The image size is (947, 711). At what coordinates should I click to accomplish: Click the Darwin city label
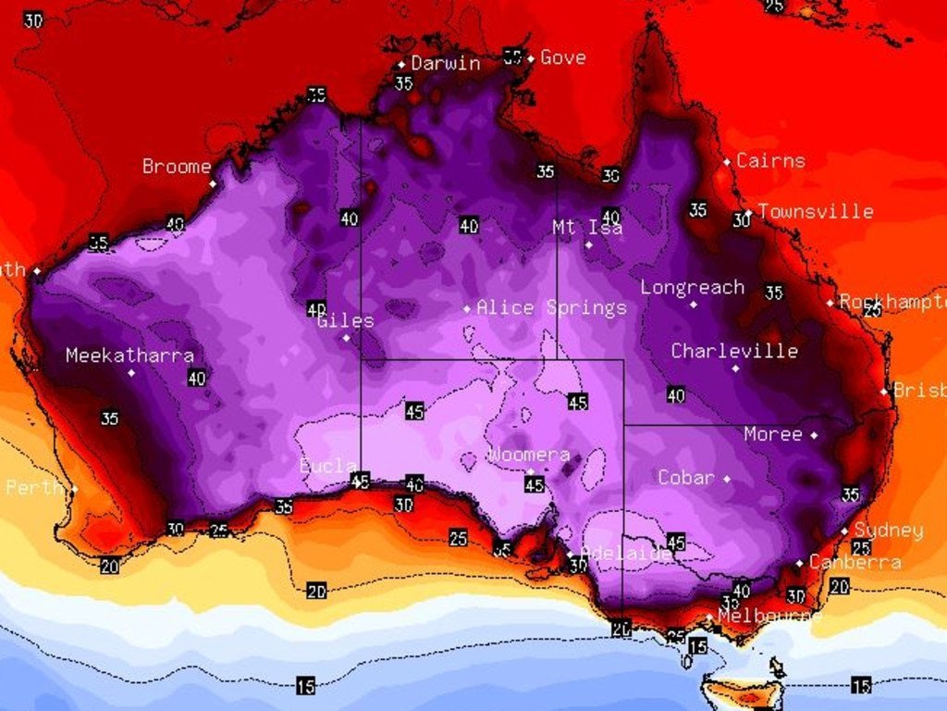tap(446, 64)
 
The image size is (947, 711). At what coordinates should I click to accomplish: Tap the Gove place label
tap(562, 57)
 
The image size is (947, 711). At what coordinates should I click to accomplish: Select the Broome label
tap(177, 167)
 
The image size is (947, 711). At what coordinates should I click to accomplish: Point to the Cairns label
tap(770, 160)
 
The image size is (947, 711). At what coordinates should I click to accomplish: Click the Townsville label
tap(815, 211)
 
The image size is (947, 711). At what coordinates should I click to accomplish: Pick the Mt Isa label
tap(587, 227)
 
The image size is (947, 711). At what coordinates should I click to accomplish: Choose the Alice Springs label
tap(551, 307)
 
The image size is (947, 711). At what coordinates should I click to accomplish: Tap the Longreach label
tap(692, 287)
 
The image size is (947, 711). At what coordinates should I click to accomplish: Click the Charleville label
tap(734, 351)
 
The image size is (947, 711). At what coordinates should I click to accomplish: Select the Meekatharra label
tap(129, 355)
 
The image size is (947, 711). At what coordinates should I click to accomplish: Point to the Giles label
tap(345, 321)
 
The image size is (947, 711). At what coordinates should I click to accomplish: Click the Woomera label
tap(528, 455)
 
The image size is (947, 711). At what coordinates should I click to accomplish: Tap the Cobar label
tap(685, 478)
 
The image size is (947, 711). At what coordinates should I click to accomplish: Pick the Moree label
tap(772, 434)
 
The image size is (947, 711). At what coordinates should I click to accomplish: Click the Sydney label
tap(888, 530)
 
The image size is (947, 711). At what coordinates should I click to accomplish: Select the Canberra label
tap(855, 562)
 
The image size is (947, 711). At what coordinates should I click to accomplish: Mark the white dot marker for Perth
tap(75, 489)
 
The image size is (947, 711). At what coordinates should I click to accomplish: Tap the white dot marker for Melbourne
tap(709, 617)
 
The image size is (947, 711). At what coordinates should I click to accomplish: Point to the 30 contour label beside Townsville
tap(742, 220)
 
